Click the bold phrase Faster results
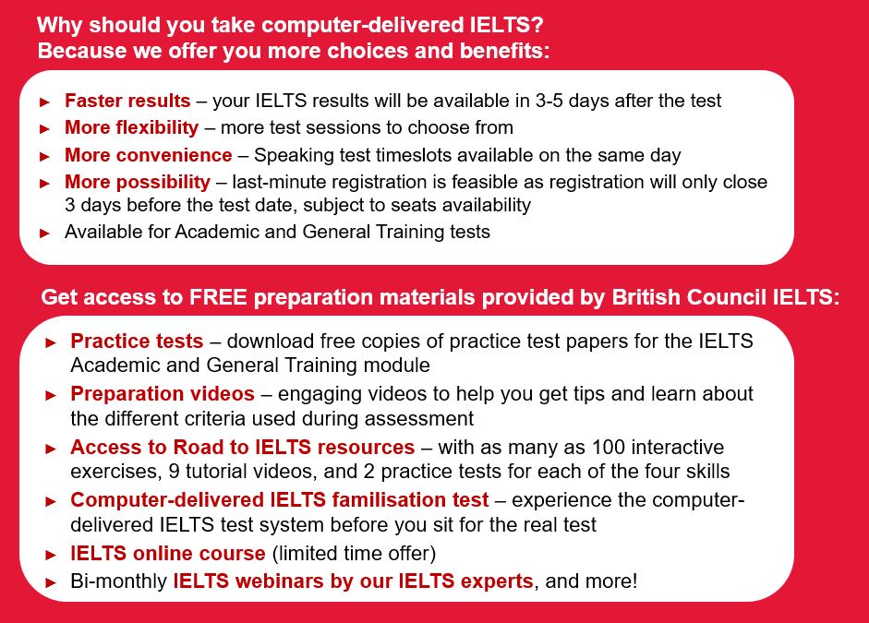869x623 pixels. click(127, 101)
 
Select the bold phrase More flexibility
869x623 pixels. click(131, 127)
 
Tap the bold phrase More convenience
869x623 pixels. click(148, 155)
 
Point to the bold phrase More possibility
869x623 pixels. click(138, 182)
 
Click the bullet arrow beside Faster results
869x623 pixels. click(45, 102)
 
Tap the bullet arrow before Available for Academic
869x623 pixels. click(45, 234)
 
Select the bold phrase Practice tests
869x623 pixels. click(137, 341)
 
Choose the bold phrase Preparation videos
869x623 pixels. click(163, 394)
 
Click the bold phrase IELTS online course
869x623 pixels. click(168, 553)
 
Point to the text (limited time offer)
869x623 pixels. click(354, 553)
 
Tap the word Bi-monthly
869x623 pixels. click(118, 581)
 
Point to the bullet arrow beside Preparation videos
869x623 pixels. click(51, 395)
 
